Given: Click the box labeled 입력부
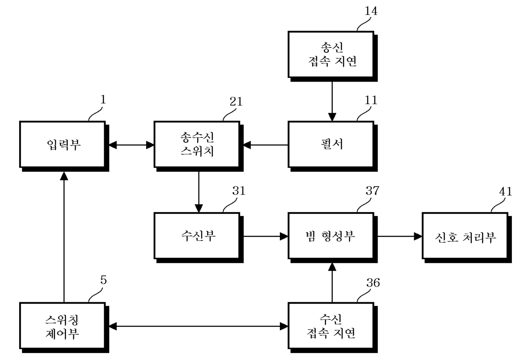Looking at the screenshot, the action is [64, 146].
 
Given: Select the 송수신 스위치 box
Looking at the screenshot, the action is [199, 146].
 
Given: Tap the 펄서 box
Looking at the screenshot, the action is [333, 146].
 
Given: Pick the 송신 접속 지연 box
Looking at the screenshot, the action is [333, 56].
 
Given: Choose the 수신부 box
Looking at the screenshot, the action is [199, 238].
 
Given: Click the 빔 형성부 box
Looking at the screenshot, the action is [333, 238].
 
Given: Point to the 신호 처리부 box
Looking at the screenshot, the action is [467, 238].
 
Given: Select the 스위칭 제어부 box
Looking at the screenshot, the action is [64, 328].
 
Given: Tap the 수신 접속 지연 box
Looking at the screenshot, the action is [333, 328].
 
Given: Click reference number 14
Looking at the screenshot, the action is [371, 11].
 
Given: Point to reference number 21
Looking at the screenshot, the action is [236, 101].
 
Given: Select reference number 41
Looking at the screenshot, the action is [506, 192].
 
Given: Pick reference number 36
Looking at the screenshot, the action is [373, 283].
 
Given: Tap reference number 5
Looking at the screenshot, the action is [103, 280].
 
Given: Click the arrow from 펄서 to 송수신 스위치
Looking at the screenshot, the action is [266, 145].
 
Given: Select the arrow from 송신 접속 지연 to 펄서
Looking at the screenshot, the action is [332, 101].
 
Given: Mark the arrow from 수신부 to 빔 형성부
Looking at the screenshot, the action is [266, 236].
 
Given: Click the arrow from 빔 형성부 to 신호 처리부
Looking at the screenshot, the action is [400, 236].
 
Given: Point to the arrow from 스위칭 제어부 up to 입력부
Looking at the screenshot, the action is [64, 237].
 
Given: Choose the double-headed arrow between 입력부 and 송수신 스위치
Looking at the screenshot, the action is [132, 145].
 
